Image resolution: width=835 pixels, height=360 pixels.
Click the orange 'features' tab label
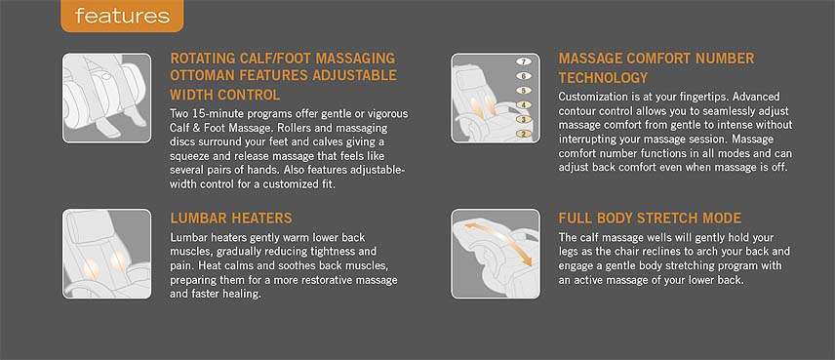click(x=122, y=16)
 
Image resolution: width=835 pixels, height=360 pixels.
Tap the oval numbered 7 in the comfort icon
click(x=524, y=61)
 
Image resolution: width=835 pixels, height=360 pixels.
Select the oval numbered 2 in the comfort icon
click(x=524, y=134)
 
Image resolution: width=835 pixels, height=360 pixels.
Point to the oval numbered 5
click(x=524, y=91)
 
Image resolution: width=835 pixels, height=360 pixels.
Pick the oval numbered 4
click(x=524, y=105)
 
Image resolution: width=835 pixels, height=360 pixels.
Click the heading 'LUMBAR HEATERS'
click(x=231, y=218)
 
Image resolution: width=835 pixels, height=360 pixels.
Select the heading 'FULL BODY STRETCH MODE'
click(x=650, y=218)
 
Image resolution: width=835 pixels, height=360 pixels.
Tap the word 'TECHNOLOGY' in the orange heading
click(x=603, y=78)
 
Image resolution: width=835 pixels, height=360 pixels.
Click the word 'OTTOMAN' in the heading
click(x=202, y=75)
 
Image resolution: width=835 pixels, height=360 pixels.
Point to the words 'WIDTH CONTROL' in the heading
click(x=224, y=96)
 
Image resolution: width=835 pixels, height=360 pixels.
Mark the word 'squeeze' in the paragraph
click(x=188, y=156)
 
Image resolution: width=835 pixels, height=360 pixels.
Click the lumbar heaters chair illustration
click(x=106, y=254)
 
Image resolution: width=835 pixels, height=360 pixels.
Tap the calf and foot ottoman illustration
click(x=106, y=98)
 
